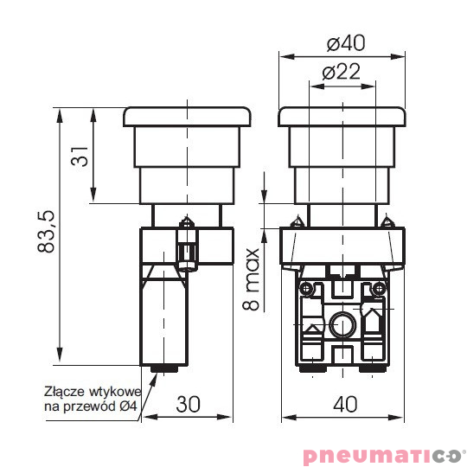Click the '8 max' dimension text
[252, 281]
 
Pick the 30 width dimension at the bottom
[189, 404]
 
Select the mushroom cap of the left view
[187, 116]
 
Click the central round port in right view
[341, 325]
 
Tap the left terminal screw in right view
[304, 287]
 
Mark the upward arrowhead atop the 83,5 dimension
[60, 112]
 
